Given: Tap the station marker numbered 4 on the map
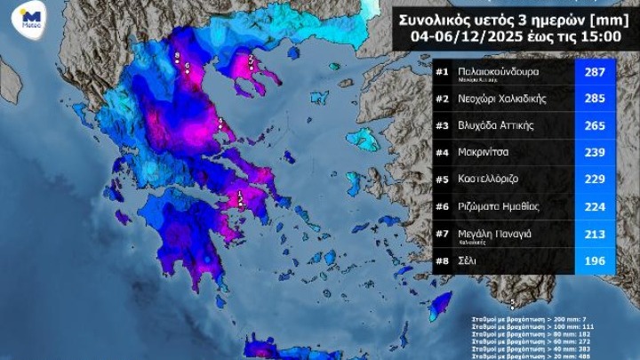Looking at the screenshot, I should (x=220, y=123).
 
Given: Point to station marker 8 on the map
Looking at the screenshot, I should (x=178, y=58).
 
